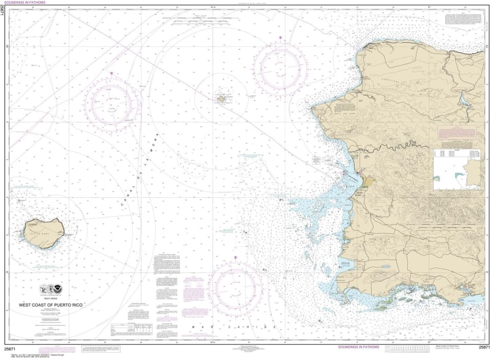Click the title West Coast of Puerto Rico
point(62,304)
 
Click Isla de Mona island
point(43,233)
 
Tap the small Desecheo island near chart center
point(222,97)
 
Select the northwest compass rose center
point(112,102)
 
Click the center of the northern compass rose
point(281,65)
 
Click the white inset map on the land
point(457,170)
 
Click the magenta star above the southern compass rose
point(236,259)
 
